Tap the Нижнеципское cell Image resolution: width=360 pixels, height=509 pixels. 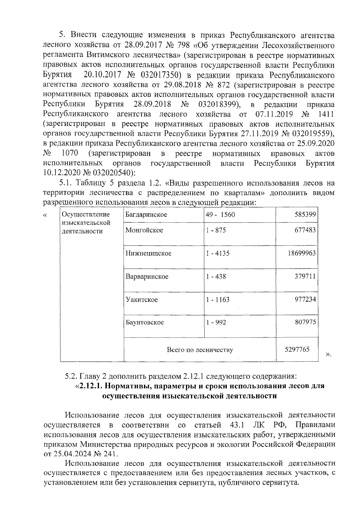pyautogui.click(x=148, y=253)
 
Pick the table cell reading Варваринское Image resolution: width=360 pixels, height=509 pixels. pyautogui.click(x=147, y=276)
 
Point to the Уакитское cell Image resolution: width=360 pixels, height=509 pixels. pyautogui.click(x=142, y=299)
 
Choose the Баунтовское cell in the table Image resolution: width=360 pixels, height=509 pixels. pyautogui.click(x=145, y=322)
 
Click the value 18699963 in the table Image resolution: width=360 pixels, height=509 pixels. pyautogui.click(x=301, y=253)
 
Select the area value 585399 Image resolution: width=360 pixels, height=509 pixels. pyautogui.click(x=305, y=215)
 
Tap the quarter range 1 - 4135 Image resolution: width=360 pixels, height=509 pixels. pyautogui.click(x=217, y=253)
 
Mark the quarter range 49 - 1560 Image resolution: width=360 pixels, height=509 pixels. pyautogui.click(x=220, y=215)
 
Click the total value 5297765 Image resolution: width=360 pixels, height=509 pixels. pyautogui.click(x=297, y=349)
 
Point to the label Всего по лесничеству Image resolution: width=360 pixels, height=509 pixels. pyautogui.click(x=200, y=350)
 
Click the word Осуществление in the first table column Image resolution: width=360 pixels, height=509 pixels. pyautogui.click(x=85, y=215)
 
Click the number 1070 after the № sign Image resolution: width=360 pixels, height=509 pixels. pyautogui.click(x=70, y=153)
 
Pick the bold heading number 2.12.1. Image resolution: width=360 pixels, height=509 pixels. pyautogui.click(x=91, y=385)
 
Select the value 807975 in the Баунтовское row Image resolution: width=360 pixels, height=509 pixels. pyautogui.click(x=305, y=322)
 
